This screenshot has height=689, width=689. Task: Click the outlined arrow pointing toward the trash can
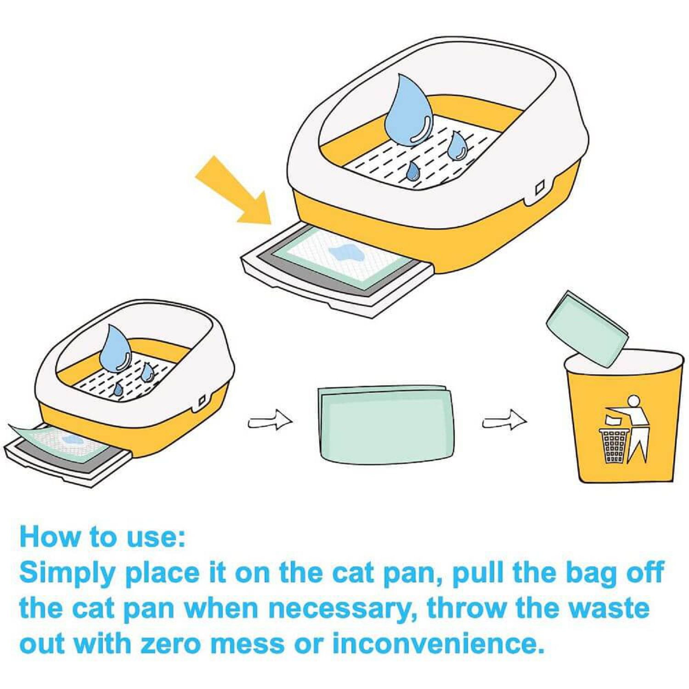(x=504, y=420)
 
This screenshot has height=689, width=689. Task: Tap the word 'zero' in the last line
(x=171, y=644)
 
